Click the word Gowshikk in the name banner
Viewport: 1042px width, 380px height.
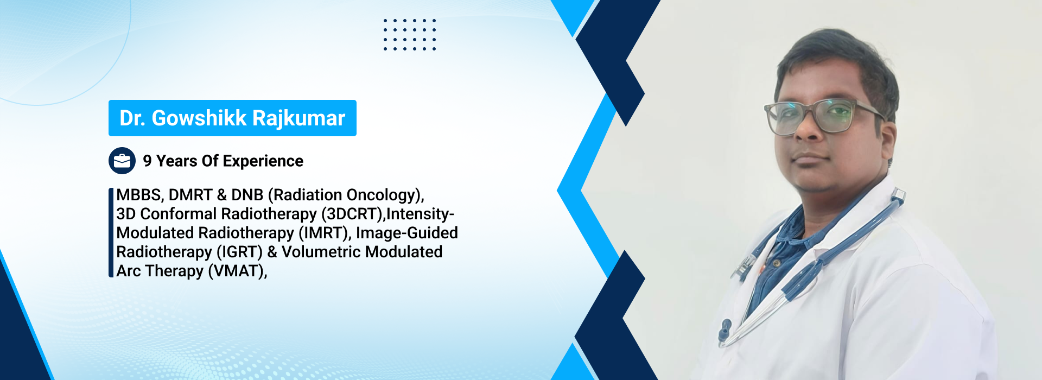click(199, 118)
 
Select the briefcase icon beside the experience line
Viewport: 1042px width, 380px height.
click(122, 161)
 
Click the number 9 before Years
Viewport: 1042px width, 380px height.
click(147, 161)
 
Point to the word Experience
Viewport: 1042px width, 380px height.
click(263, 161)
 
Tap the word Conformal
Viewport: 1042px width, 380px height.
click(179, 214)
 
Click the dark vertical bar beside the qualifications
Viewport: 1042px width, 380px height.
click(111, 233)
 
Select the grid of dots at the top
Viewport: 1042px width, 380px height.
click(410, 34)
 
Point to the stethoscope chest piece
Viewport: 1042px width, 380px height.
click(724, 332)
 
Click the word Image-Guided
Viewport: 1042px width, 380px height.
click(407, 233)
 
